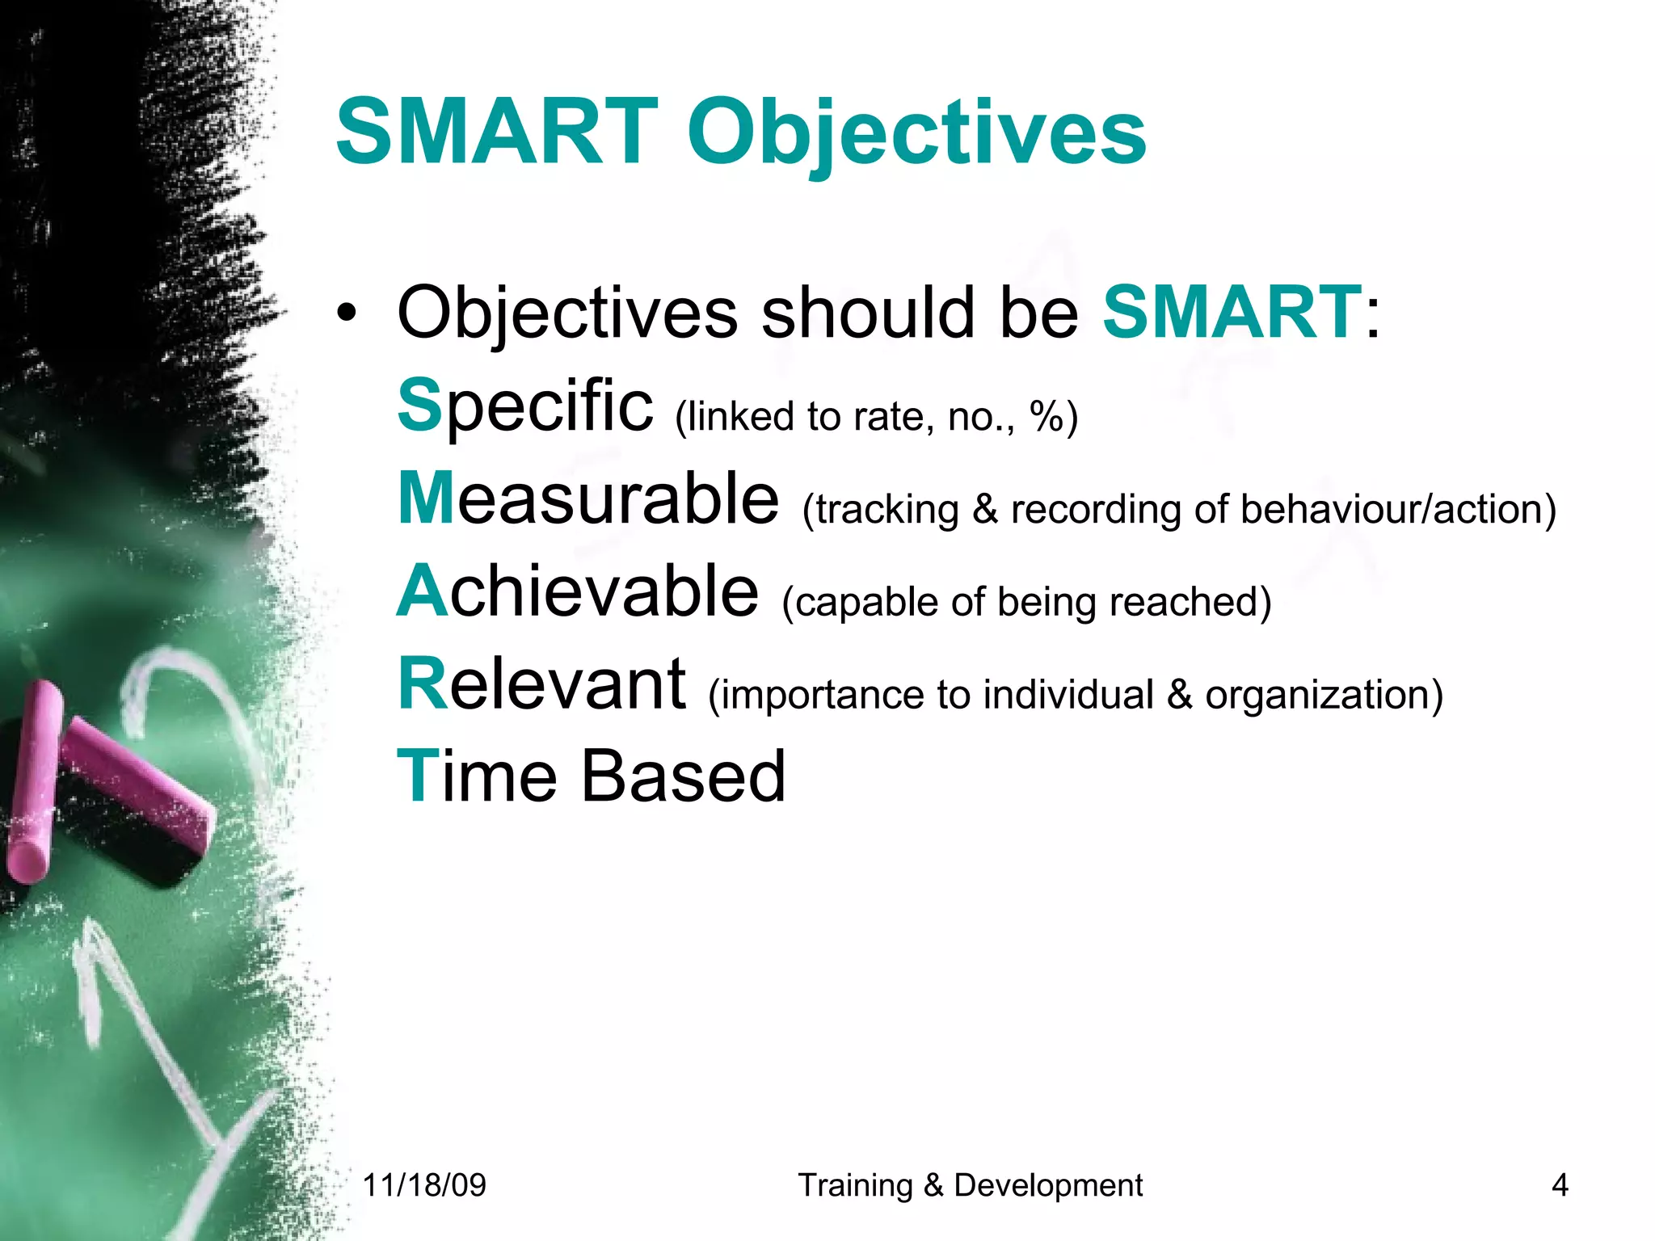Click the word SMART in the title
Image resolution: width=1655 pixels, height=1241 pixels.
[x=497, y=132]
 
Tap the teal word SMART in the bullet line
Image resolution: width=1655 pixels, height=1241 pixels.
[x=1232, y=312]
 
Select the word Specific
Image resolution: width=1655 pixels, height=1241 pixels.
[x=525, y=406]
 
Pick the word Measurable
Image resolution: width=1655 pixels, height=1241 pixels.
[x=588, y=499]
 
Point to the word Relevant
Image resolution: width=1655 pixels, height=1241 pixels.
[x=542, y=684]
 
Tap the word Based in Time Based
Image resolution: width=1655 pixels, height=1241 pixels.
[x=683, y=776]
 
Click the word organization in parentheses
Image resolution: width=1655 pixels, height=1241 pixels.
[x=1318, y=696]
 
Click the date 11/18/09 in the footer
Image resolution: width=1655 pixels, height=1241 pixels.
[x=424, y=1185]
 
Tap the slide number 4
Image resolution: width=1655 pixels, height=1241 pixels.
[x=1560, y=1185]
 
